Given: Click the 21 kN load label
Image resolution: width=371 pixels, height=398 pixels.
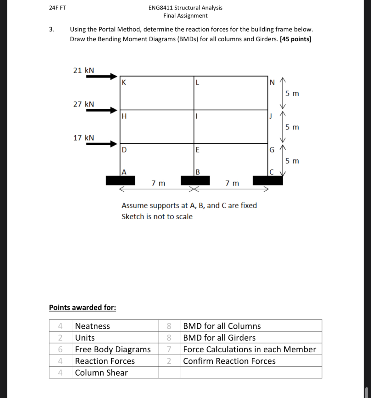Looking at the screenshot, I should point(83,70).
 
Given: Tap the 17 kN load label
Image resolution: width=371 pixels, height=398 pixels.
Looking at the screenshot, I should point(83,138).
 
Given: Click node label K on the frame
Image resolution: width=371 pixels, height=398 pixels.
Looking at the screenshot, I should point(124,83).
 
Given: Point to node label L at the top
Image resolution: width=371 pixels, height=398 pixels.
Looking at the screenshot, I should point(197,83).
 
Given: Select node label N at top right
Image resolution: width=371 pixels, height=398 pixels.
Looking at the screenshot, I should point(272,83).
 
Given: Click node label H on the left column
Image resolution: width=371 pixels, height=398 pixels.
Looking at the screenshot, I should point(124,116).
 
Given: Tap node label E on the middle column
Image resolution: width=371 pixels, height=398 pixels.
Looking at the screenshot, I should point(197,150).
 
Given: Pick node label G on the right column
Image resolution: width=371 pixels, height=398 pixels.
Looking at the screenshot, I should point(272,150).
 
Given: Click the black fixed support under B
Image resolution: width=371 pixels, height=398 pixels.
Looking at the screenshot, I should point(195,181).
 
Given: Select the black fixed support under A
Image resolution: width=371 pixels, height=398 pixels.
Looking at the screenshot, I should point(120,181).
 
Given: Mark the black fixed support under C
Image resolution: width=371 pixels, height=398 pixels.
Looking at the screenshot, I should point(268,181).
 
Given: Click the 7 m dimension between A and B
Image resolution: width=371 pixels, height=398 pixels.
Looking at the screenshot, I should point(158,183).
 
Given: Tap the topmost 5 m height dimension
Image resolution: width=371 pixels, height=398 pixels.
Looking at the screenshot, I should point(292,94).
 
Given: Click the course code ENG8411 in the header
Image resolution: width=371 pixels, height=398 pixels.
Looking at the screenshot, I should point(160,8).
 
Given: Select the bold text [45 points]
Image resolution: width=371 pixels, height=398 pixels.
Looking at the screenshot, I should point(295,39).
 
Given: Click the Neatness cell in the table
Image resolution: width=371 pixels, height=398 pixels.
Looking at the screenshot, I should point(93,326).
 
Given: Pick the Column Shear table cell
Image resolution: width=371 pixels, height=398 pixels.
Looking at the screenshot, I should point(101,372).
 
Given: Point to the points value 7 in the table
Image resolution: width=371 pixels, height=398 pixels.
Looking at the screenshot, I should point(169,349).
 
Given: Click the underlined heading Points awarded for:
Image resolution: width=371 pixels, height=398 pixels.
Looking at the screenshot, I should point(82,307).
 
